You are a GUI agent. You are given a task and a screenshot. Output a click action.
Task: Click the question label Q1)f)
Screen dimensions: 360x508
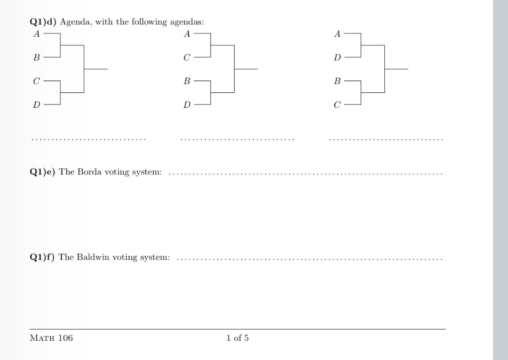(x=42, y=257)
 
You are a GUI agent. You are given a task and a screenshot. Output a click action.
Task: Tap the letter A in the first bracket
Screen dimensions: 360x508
(x=36, y=34)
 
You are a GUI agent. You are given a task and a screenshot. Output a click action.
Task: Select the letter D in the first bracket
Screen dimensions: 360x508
(x=36, y=105)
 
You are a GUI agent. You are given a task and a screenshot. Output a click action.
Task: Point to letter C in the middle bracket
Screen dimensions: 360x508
(x=187, y=58)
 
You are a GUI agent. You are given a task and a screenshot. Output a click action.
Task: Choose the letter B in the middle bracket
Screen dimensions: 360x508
(x=187, y=82)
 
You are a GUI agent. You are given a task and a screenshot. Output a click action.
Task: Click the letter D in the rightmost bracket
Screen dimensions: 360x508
(x=337, y=58)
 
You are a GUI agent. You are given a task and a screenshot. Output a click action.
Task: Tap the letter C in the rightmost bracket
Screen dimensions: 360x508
(x=337, y=105)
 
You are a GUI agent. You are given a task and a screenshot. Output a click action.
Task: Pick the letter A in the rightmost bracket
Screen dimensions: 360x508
(x=337, y=34)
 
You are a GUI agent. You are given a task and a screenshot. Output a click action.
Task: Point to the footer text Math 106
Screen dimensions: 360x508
(x=51, y=338)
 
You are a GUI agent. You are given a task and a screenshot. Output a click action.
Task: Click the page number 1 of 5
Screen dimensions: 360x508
(x=237, y=338)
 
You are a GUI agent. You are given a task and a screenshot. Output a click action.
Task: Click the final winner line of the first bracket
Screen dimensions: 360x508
(x=96, y=69)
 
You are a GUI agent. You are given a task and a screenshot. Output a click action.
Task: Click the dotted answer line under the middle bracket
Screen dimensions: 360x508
(x=237, y=140)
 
